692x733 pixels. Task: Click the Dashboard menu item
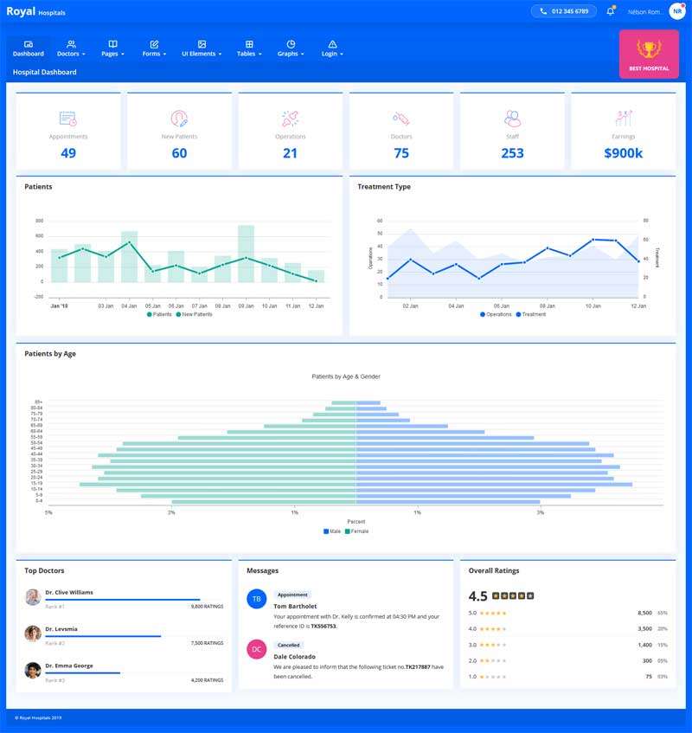[29, 48]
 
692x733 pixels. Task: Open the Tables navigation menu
[248, 48]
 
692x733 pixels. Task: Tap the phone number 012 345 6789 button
[563, 11]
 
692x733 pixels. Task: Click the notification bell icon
[611, 11]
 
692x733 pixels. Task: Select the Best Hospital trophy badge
[649, 54]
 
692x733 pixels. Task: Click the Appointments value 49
[68, 153]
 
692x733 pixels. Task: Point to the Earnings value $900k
[623, 153]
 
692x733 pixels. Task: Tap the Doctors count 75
[401, 153]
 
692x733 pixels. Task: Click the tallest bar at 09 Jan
[246, 254]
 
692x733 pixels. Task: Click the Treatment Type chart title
[384, 187]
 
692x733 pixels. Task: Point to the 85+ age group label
[38, 402]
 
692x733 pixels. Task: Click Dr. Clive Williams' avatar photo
[33, 597]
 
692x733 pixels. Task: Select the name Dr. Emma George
[68, 665]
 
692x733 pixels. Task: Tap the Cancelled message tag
[289, 645]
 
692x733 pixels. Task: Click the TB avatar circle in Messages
[256, 599]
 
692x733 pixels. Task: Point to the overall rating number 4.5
[477, 596]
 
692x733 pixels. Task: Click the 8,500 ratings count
[644, 613]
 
